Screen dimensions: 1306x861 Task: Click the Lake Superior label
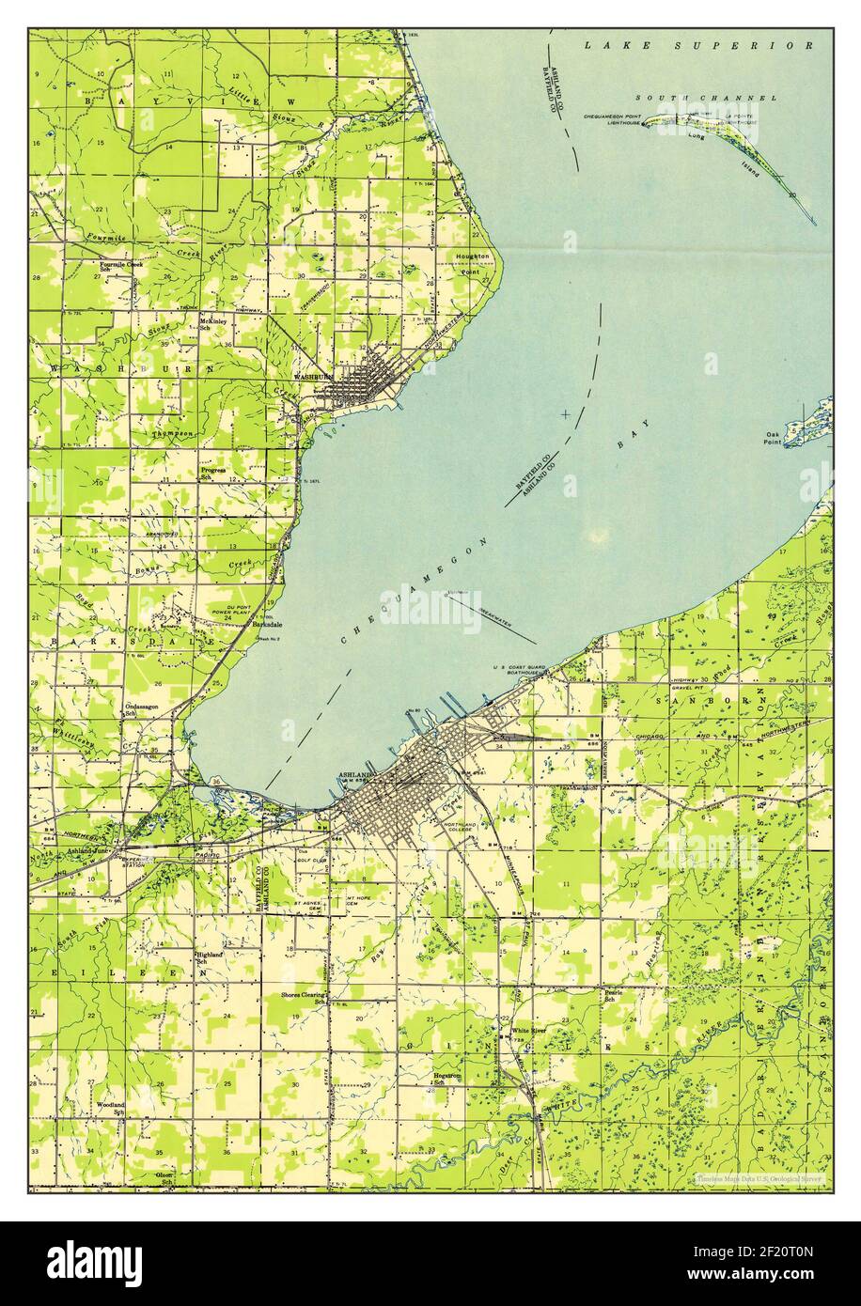point(697,44)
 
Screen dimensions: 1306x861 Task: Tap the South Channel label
point(705,98)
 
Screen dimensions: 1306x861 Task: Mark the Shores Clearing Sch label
point(303,997)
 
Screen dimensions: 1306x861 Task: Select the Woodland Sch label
point(110,1109)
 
